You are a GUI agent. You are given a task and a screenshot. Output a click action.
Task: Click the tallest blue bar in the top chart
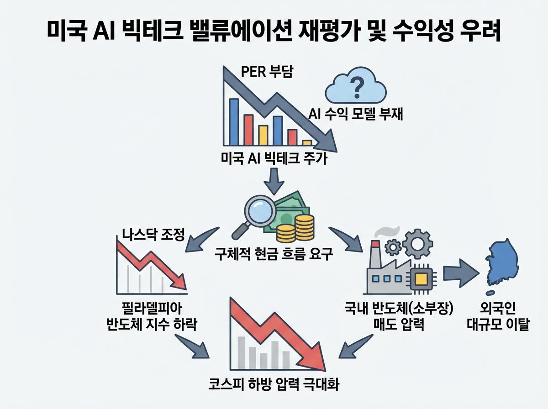click(234, 121)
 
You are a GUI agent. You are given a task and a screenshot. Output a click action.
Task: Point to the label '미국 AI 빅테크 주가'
click(274, 159)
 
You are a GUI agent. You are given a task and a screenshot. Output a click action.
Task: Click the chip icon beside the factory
click(423, 276)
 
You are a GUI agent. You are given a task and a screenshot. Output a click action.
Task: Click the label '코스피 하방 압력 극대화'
click(274, 383)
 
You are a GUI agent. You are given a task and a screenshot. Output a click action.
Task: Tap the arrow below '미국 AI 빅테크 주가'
click(274, 181)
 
